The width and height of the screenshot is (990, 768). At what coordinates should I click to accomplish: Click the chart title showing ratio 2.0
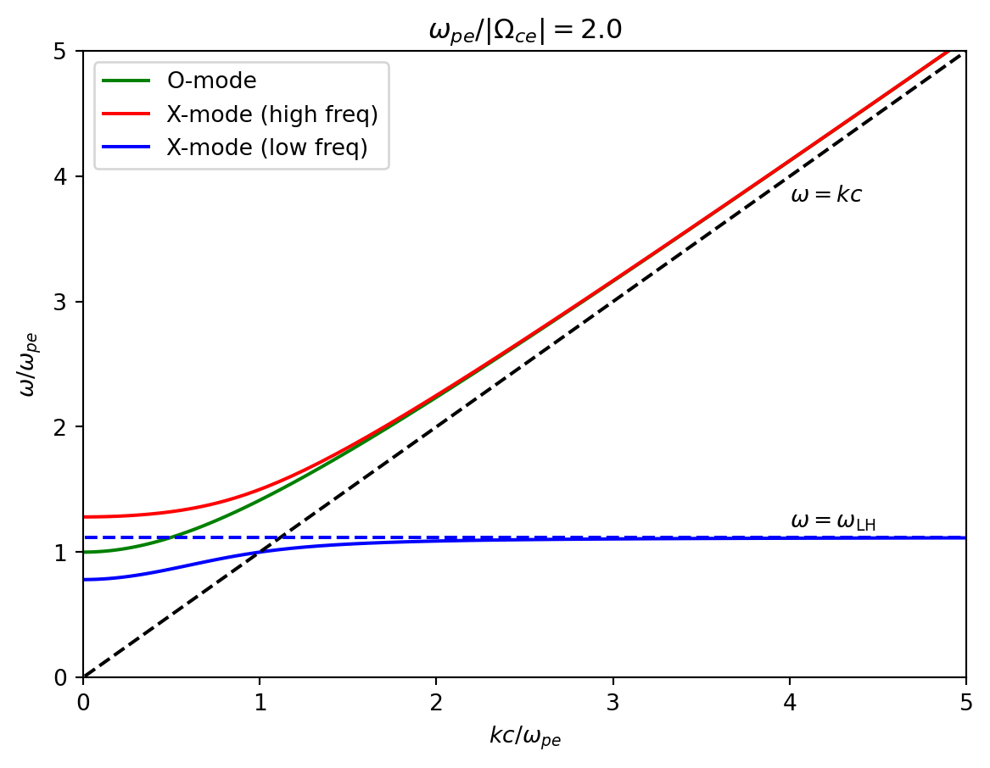[x=525, y=30]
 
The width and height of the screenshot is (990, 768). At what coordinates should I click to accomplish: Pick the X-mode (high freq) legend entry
[x=271, y=114]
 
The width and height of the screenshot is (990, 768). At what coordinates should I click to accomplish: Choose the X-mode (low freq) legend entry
[x=266, y=147]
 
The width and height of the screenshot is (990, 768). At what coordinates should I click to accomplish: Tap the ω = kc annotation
[x=825, y=195]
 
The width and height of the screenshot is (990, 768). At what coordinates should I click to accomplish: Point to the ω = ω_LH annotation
[x=832, y=521]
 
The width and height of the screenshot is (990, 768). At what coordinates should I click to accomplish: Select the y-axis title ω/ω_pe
[x=28, y=365]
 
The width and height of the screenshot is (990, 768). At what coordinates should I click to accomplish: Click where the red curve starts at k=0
[x=84, y=517]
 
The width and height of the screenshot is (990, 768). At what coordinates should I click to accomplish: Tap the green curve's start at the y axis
[x=84, y=552]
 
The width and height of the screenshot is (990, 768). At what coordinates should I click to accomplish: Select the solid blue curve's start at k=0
[x=84, y=580]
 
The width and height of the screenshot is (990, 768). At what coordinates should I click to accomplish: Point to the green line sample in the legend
[x=126, y=81]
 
